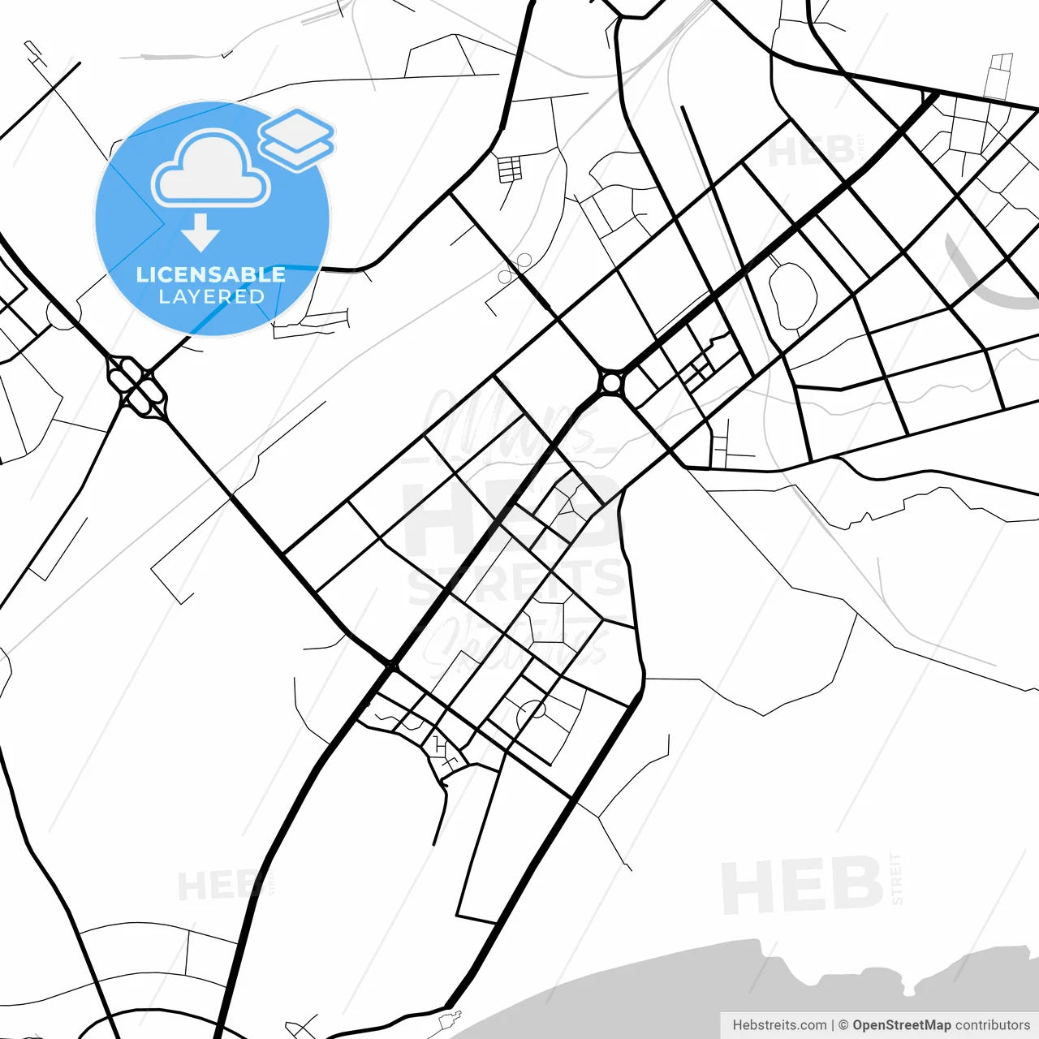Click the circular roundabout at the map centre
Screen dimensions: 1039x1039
click(611, 382)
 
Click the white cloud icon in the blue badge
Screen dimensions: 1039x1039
click(211, 170)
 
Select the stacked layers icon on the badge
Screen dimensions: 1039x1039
click(297, 139)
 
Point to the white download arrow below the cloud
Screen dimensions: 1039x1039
click(200, 233)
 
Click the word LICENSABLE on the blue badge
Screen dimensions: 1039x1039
click(211, 274)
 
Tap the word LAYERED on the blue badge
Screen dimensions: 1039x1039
click(211, 297)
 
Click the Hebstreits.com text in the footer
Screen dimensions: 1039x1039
click(779, 1025)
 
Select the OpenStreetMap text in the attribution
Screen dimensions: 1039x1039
click(901, 1025)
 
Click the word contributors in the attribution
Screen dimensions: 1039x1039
click(992, 1025)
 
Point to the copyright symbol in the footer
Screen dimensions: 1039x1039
click(843, 1025)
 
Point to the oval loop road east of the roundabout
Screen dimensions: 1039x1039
click(792, 295)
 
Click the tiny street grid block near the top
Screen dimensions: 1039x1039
click(510, 169)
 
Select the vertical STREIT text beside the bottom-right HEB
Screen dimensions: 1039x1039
click(896, 878)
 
